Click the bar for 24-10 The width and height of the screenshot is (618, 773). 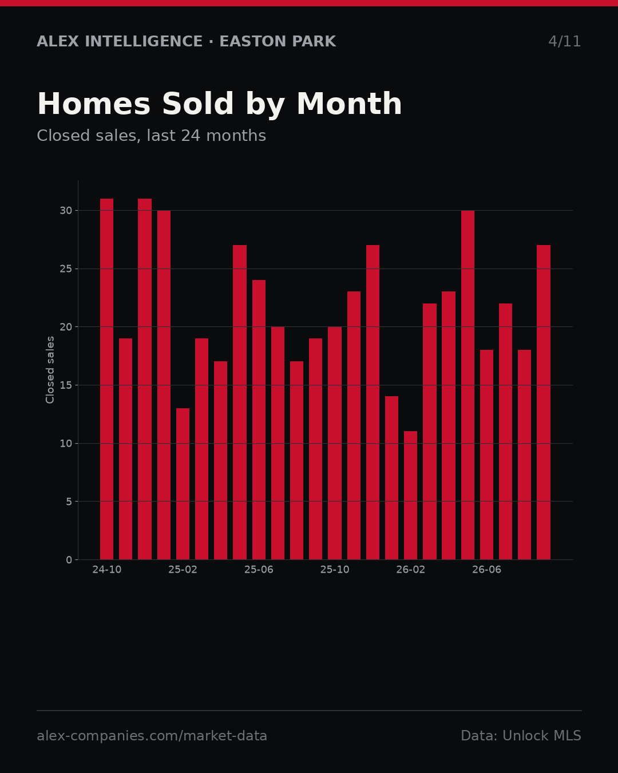106,379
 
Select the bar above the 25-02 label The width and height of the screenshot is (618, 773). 183,484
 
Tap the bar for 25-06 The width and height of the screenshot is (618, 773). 259,420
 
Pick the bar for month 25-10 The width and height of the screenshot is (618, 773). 335,443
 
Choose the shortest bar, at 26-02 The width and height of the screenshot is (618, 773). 410,495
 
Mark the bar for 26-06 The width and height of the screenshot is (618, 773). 486,455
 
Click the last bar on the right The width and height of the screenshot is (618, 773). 544,403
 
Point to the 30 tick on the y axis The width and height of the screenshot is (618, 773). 66,211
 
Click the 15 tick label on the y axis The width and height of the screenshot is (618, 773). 66,385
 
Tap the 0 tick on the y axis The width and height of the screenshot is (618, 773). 69,559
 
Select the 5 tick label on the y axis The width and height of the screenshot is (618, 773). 69,502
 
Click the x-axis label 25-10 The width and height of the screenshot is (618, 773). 335,570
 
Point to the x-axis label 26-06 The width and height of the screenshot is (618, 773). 486,570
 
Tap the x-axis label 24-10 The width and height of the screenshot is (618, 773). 106,570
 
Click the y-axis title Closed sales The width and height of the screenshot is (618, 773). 50,370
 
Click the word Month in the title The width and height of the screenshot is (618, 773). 349,104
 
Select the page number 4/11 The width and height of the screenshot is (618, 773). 564,41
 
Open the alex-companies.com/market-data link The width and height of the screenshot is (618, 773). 152,736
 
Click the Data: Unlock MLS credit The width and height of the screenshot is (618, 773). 521,736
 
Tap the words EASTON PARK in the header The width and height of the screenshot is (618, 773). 278,41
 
